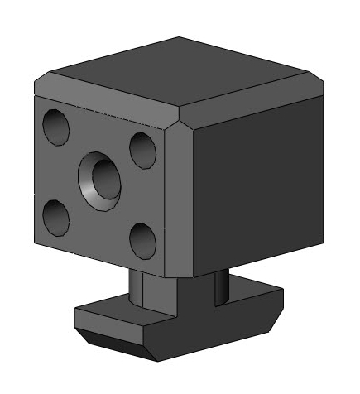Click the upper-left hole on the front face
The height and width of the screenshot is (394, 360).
click(56, 126)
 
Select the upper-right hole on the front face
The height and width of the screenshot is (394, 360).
click(142, 149)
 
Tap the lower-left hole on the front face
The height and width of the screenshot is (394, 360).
click(55, 217)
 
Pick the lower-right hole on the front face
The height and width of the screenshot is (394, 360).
click(142, 239)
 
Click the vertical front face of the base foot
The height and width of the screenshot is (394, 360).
click(116, 323)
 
